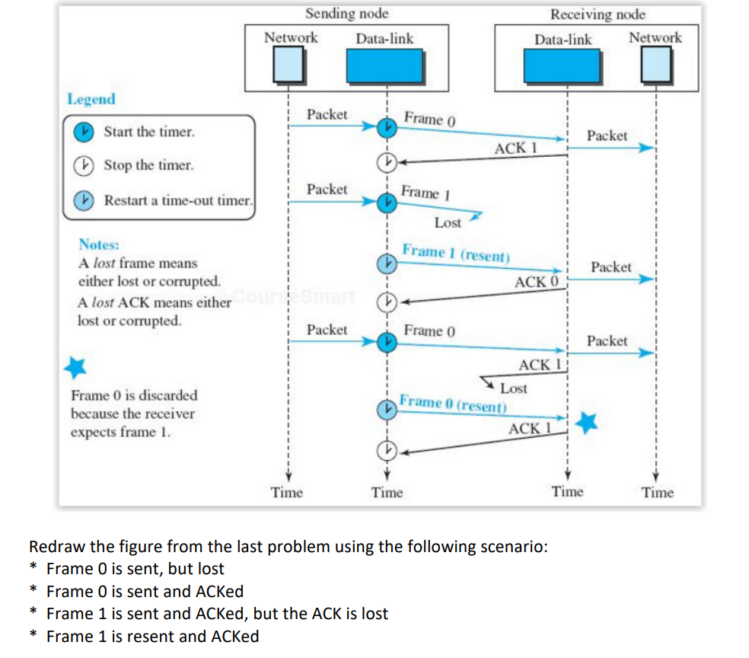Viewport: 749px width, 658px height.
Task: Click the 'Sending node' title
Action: [x=347, y=14]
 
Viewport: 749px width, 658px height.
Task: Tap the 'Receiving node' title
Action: [x=598, y=14]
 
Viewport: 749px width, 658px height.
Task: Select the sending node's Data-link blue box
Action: [x=385, y=66]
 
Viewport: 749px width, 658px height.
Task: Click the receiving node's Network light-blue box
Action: [x=656, y=65]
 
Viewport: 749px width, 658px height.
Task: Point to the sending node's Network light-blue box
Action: [x=288, y=65]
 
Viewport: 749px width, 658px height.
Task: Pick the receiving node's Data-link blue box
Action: [x=563, y=66]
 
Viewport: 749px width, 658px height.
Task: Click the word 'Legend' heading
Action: [x=91, y=99]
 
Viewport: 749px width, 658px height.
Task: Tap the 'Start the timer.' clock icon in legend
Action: [x=84, y=132]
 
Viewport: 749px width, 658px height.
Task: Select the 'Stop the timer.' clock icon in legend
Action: [x=84, y=165]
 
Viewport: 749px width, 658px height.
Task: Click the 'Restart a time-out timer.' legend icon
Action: [x=84, y=200]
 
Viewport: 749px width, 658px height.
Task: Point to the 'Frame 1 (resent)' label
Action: [x=456, y=253]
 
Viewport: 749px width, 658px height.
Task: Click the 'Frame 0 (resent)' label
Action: [x=453, y=404]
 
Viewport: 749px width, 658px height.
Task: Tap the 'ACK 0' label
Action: [x=537, y=282]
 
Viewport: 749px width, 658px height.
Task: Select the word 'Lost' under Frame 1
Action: [x=448, y=222]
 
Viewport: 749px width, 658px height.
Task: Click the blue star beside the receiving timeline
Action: [x=586, y=423]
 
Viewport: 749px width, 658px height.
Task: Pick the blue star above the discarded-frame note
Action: [x=75, y=368]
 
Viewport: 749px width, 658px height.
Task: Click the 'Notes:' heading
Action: [x=99, y=244]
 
